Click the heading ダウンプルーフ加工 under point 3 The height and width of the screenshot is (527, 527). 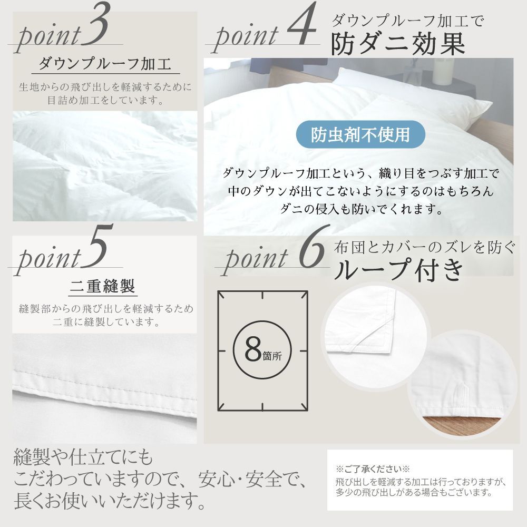pos(105,65)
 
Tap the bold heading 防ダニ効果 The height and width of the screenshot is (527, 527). pos(398,45)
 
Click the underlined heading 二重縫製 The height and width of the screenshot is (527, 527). pos(103,287)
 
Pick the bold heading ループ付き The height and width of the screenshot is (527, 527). pos(399,270)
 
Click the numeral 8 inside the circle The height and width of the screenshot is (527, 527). pos(253,348)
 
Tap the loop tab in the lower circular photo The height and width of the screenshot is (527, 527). pos(462,392)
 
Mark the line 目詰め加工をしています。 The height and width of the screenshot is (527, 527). pos(105,99)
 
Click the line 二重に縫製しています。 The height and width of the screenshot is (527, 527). pos(105,321)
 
